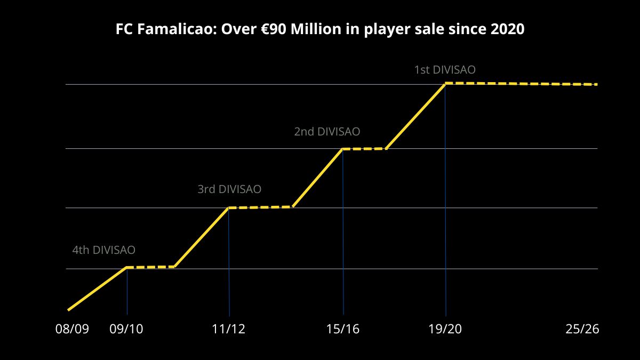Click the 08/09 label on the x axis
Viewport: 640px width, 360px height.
pyautogui.click(x=72, y=329)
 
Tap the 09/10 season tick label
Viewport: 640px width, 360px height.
pyautogui.click(x=126, y=329)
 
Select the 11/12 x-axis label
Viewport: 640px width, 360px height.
pyautogui.click(x=229, y=329)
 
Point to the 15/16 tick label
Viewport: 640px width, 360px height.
pyautogui.click(x=343, y=329)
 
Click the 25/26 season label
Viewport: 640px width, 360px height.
pyautogui.click(x=582, y=329)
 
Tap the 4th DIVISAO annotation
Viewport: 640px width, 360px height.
pyautogui.click(x=104, y=250)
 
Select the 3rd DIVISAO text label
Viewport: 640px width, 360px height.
pyautogui.click(x=229, y=189)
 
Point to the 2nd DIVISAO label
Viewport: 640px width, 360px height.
pyautogui.click(x=327, y=131)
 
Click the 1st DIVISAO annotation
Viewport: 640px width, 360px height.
pyautogui.click(x=445, y=70)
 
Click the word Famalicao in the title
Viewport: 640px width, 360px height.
pyautogui.click(x=174, y=29)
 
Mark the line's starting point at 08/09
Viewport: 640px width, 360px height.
pyautogui.click(x=68, y=309)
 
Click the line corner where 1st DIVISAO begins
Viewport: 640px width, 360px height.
pyautogui.click(x=445, y=83)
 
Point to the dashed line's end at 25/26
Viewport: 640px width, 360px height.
pyautogui.click(x=596, y=84)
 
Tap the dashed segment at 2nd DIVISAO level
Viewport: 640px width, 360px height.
pyautogui.click(x=364, y=149)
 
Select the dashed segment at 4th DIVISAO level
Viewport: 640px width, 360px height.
pyautogui.click(x=150, y=267)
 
